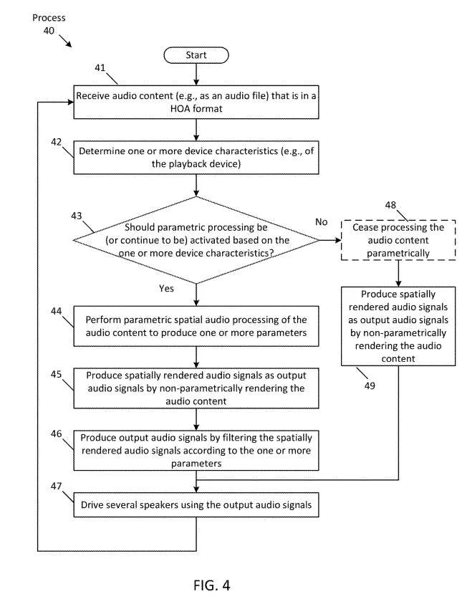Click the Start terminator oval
[196, 55]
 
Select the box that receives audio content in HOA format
[196, 102]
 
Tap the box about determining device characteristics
[196, 157]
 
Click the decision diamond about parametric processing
[196, 240]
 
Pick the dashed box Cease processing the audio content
[398, 240]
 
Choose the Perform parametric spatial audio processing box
[196, 326]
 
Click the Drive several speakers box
[196, 504]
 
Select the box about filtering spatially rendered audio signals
[196, 450]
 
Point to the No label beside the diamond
[321, 222]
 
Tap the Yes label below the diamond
[166, 289]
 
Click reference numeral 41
[100, 68]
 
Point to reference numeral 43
[76, 216]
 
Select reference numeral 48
[390, 205]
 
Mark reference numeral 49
[370, 385]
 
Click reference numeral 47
[56, 486]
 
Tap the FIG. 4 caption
[212, 585]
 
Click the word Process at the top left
[49, 18]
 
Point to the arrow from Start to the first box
[196, 75]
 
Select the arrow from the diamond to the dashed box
[330, 240]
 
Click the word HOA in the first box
[180, 109]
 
